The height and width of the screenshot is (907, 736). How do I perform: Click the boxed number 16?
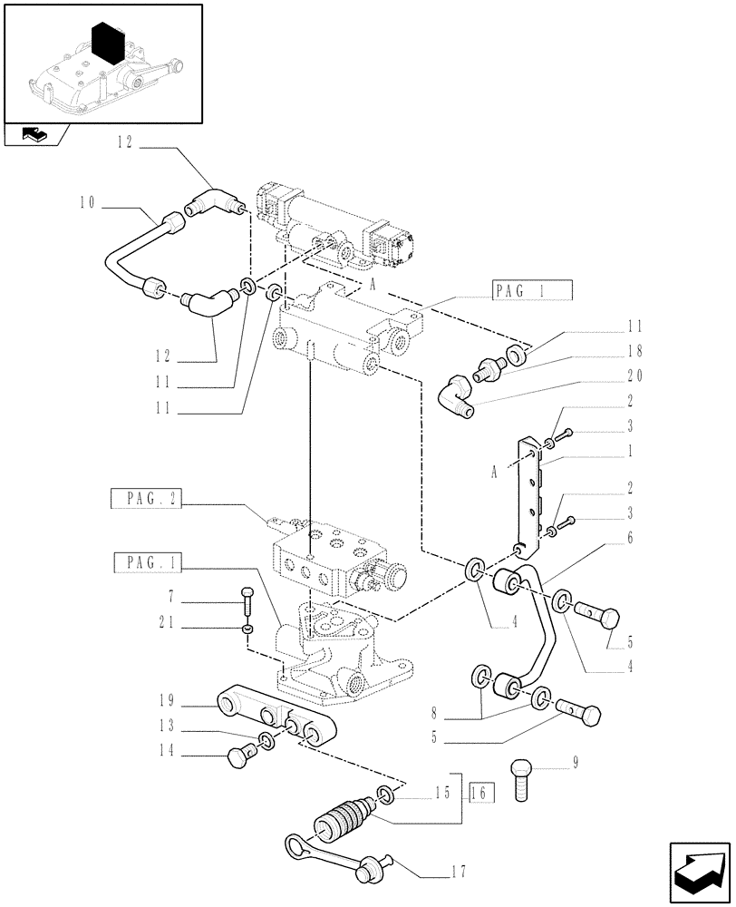481,793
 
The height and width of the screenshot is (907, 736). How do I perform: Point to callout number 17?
459,873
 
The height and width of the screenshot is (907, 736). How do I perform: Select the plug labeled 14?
238,756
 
